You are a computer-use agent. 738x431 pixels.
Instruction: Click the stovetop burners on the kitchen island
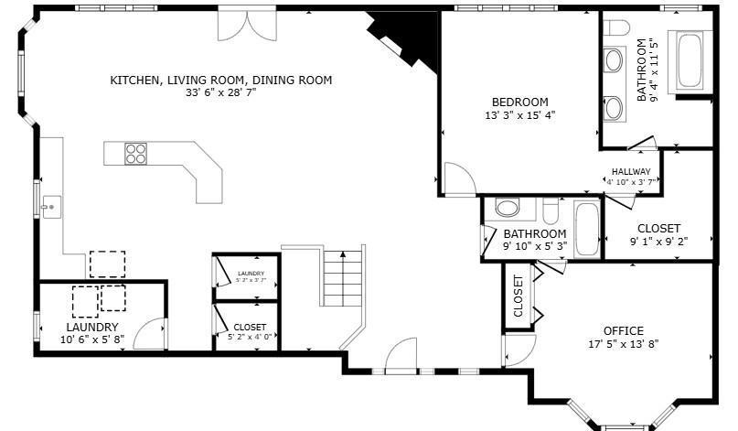coord(136,154)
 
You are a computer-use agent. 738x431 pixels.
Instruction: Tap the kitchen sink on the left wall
coord(48,208)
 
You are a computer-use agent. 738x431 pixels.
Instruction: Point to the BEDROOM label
coord(519,102)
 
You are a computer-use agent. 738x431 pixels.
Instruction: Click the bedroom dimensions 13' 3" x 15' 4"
coord(519,115)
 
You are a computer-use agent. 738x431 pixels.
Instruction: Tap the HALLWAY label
coord(630,171)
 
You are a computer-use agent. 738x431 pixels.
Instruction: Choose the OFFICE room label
coord(623,330)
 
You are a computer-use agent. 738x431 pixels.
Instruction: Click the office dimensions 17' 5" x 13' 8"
coord(623,344)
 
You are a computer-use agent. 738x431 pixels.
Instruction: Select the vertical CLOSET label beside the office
coord(518,296)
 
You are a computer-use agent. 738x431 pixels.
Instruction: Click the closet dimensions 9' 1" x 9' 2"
coord(658,242)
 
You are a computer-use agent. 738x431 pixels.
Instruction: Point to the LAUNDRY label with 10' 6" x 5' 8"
coord(91,327)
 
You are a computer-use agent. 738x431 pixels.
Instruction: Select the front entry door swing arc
coord(400,356)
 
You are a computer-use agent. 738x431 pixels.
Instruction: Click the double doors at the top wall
coord(243,25)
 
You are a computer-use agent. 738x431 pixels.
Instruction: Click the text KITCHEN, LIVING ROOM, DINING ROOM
coord(220,81)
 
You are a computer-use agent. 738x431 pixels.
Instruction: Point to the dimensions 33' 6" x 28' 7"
coord(220,93)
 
